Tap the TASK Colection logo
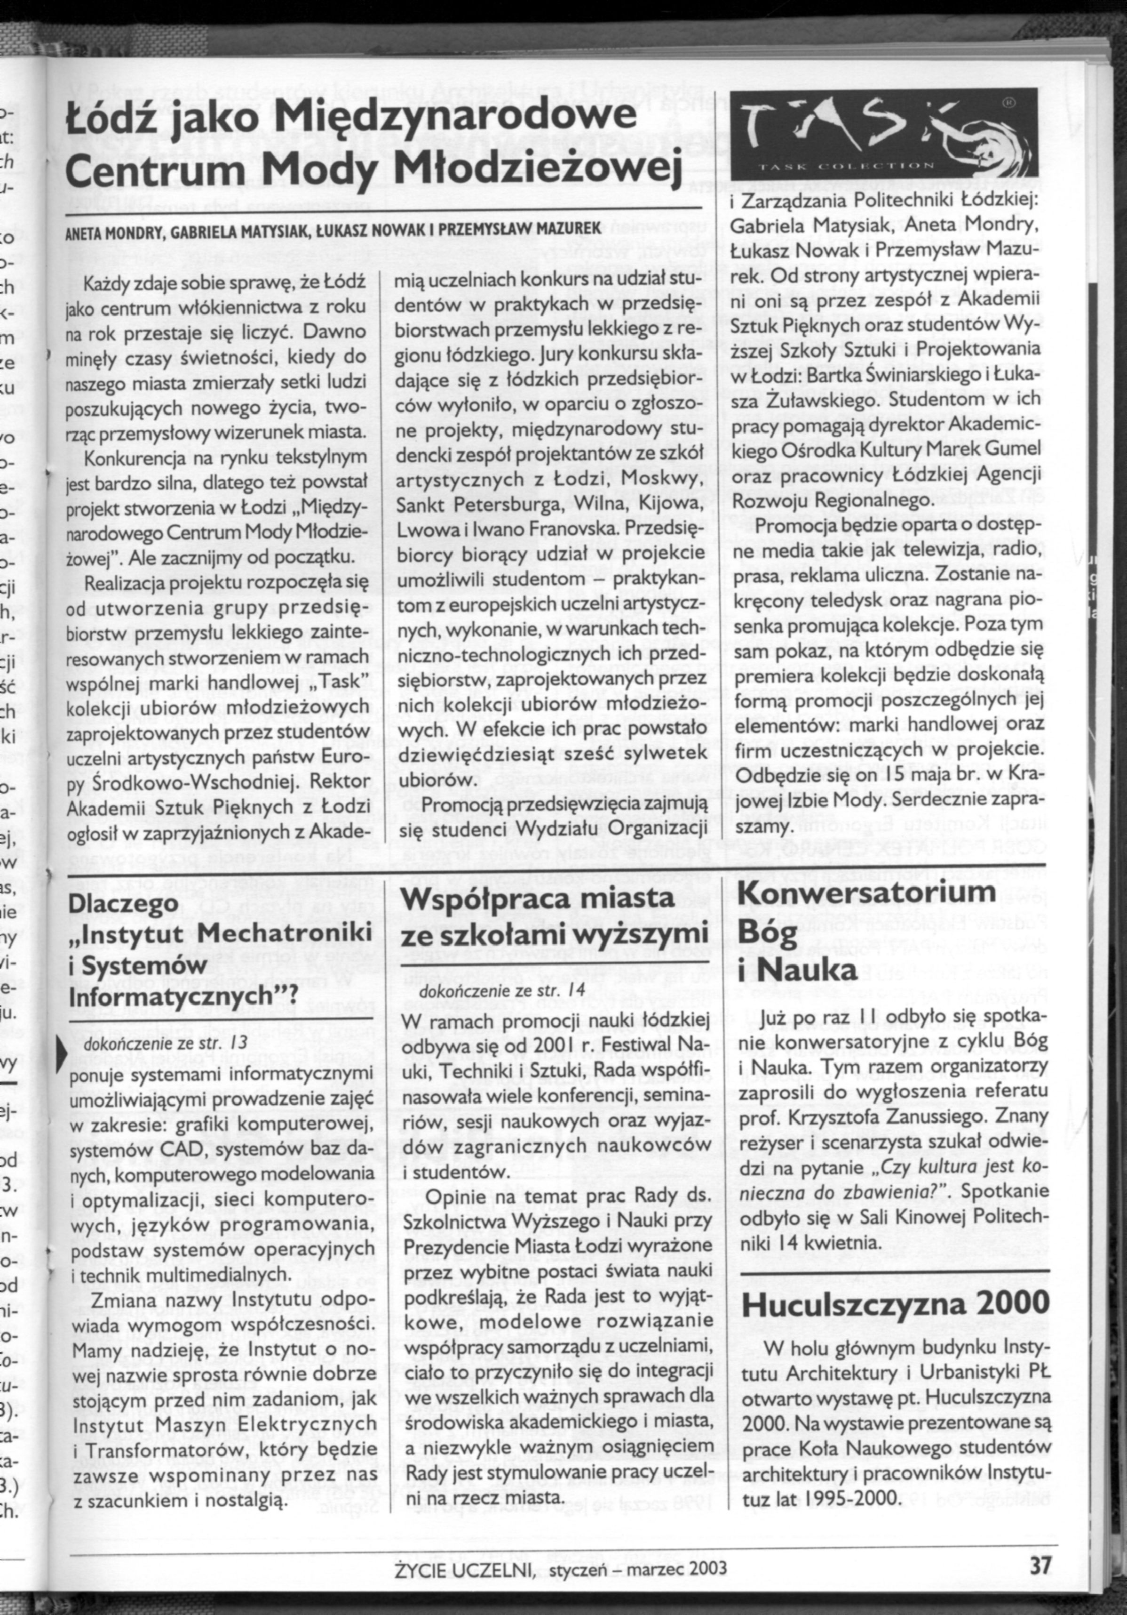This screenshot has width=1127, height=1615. coord(884,134)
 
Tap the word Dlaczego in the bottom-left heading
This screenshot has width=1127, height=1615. coord(122,904)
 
